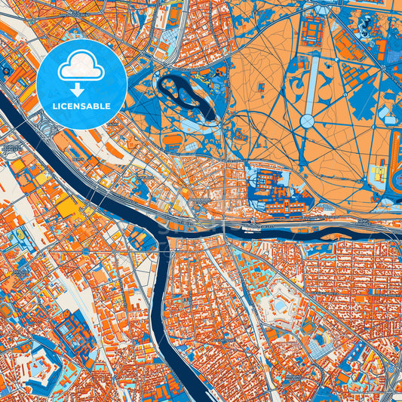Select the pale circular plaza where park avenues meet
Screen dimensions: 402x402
pos(308,121)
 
